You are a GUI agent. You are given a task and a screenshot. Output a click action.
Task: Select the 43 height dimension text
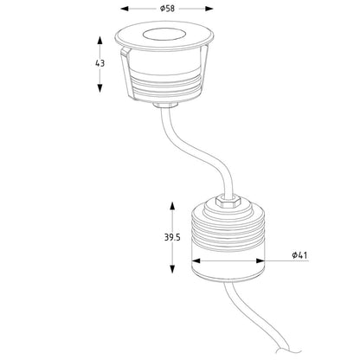tap(100, 63)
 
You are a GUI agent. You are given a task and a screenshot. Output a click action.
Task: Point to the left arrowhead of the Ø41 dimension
tap(193, 261)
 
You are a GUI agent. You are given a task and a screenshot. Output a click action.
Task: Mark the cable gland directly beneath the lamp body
tap(164, 105)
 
